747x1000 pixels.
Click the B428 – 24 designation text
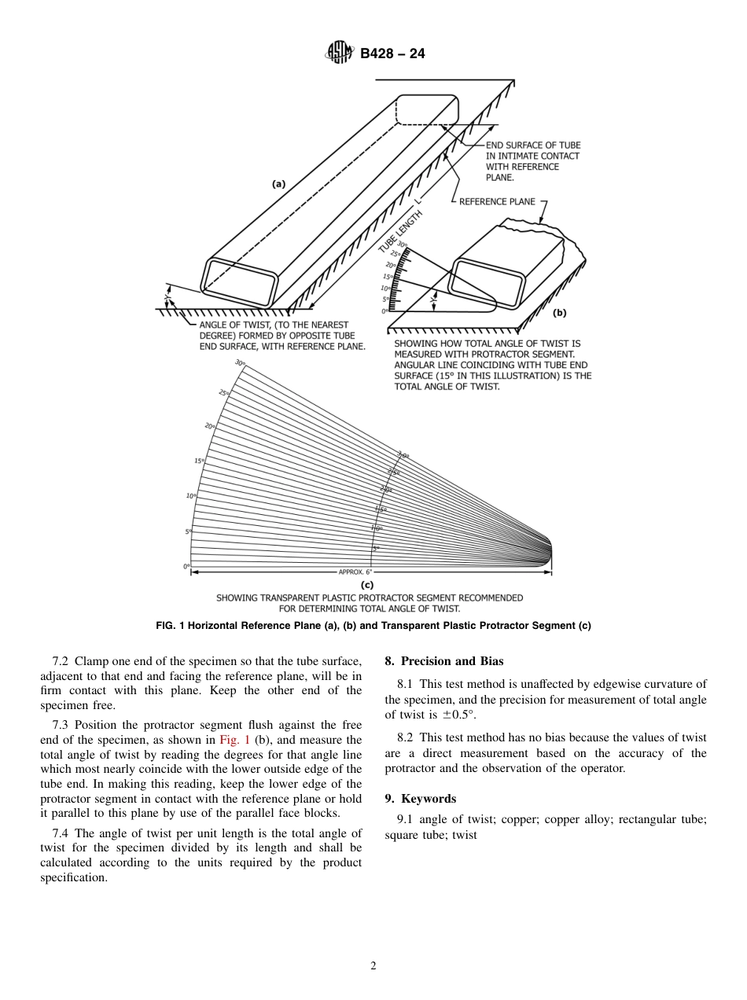click(x=392, y=54)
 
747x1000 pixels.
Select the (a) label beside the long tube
click(x=278, y=184)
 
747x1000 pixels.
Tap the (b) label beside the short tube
click(x=559, y=312)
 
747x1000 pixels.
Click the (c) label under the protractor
click(x=366, y=585)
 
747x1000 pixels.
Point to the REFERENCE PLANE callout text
click(x=497, y=202)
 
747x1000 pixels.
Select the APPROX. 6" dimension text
click(x=355, y=572)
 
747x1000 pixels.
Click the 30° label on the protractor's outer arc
click(x=239, y=362)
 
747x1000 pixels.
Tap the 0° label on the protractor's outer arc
click(x=186, y=566)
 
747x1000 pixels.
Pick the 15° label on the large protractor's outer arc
click(x=199, y=461)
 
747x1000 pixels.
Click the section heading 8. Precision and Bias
click(x=443, y=661)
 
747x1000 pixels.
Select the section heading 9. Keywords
click(x=420, y=799)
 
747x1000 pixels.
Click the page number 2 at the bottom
click(x=373, y=966)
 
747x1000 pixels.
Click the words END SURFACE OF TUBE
click(x=532, y=145)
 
